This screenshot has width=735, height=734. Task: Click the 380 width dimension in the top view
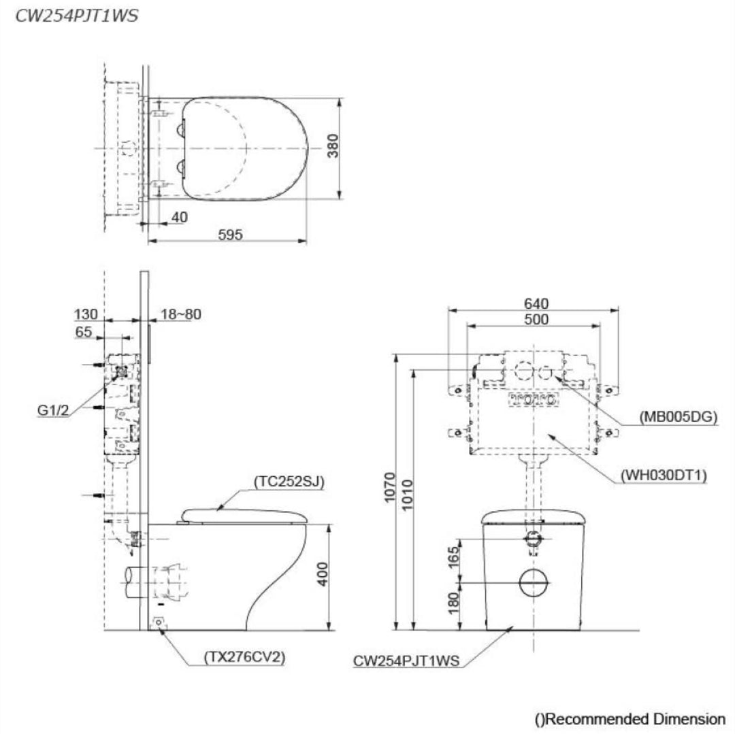click(332, 146)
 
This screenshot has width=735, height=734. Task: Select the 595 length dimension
click(231, 234)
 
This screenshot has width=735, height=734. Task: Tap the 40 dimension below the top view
click(179, 217)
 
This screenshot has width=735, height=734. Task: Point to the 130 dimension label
click(86, 314)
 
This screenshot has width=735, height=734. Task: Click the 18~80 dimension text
click(181, 314)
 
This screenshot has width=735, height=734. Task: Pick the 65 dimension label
click(84, 332)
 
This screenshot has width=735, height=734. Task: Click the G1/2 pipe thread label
click(53, 411)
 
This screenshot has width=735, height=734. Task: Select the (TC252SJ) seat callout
click(289, 482)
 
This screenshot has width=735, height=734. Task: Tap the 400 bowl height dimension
click(323, 574)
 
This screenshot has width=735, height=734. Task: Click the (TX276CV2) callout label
click(244, 657)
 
